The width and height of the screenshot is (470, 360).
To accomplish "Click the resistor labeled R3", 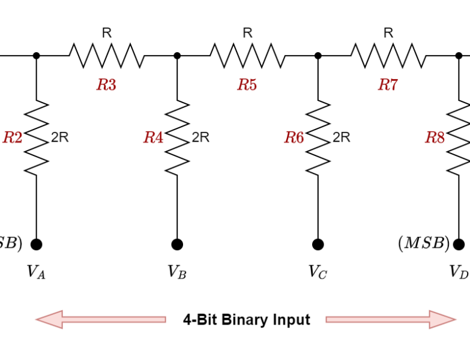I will pyautogui.click(x=106, y=55).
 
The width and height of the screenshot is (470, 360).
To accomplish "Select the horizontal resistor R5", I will pyautogui.click(x=247, y=55).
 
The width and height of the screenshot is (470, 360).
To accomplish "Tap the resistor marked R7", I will pyautogui.click(x=388, y=55).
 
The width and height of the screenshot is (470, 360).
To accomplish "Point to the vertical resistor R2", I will pyautogui.click(x=37, y=137).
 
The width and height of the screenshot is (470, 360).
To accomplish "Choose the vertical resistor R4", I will pyautogui.click(x=177, y=137).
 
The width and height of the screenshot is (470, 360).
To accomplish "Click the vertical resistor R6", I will pyautogui.click(x=318, y=137).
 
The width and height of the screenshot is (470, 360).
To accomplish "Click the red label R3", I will pyautogui.click(x=106, y=85).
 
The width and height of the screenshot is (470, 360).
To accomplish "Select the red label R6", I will pyautogui.click(x=294, y=138).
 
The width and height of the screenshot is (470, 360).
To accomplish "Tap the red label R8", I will pyautogui.click(x=435, y=138).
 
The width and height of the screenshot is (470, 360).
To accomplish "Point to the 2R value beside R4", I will pyautogui.click(x=200, y=137).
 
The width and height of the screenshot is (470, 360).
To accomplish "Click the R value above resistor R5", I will pyautogui.click(x=247, y=34).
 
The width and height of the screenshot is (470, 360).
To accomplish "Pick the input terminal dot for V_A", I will pyautogui.click(x=37, y=244).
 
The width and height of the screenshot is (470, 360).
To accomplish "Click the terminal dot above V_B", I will pyautogui.click(x=177, y=244).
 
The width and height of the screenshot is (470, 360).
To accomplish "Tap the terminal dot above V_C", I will pyautogui.click(x=318, y=244).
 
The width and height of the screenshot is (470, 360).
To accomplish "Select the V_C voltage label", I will pyautogui.click(x=318, y=272).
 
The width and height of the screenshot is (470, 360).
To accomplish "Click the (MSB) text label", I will pyautogui.click(x=423, y=244).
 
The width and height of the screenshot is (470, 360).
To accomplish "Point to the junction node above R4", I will pyautogui.click(x=177, y=55).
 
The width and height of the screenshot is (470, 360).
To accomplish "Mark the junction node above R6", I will pyautogui.click(x=318, y=55).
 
